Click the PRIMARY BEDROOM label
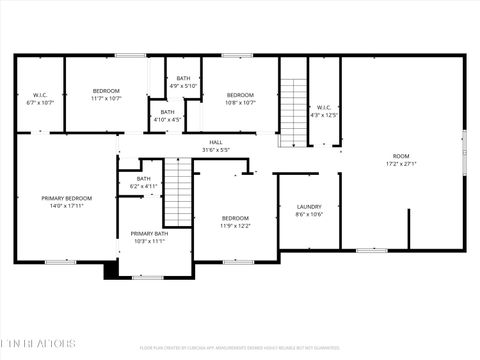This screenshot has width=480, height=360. click(67, 198)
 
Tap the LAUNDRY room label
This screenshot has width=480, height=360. click(309, 206)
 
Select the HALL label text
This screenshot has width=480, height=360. click(215, 142)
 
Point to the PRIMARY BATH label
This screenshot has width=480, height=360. click(149, 233)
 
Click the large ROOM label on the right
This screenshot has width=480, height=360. click(401, 156)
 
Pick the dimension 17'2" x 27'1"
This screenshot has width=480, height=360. click(401, 164)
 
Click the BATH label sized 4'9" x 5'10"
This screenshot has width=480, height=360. click(183, 78)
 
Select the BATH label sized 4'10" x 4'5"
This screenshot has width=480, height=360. click(167, 112)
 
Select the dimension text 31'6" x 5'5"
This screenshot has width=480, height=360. click(215, 150)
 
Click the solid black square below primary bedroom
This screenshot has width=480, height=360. click(110, 271)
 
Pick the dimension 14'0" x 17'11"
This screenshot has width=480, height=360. click(67, 206)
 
